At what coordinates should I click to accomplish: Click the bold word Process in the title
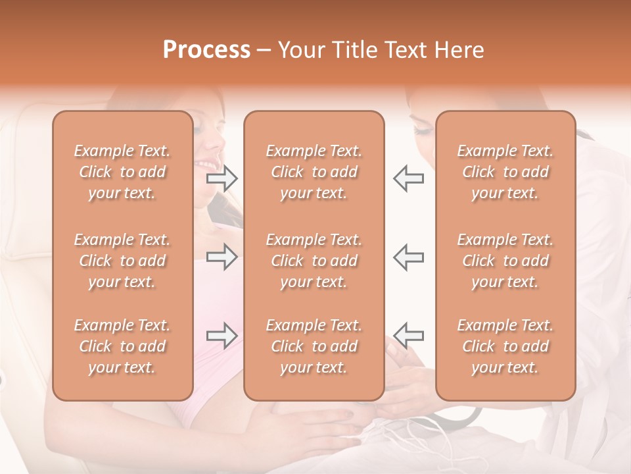pyautogui.click(x=206, y=50)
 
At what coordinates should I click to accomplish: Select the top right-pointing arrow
pyautogui.click(x=222, y=178)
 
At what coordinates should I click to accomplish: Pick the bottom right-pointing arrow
pyautogui.click(x=222, y=336)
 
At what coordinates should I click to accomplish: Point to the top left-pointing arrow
pyautogui.click(x=408, y=178)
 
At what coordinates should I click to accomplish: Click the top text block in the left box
pyautogui.click(x=122, y=172)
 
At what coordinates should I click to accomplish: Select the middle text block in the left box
pyautogui.click(x=122, y=261)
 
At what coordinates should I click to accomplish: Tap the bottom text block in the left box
pyautogui.click(x=122, y=346)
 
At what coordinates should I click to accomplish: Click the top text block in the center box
pyautogui.click(x=314, y=172)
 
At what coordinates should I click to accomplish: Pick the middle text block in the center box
pyautogui.click(x=314, y=261)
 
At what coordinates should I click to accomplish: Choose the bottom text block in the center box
pyautogui.click(x=314, y=346)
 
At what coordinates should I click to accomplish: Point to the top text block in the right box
pyautogui.click(x=505, y=172)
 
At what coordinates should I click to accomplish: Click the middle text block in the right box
pyautogui.click(x=505, y=261)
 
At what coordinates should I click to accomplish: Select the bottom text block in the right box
pyautogui.click(x=505, y=346)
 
